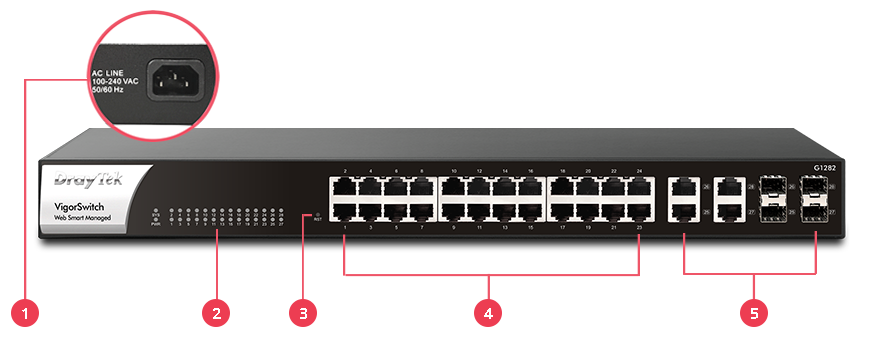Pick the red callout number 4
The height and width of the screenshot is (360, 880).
click(488, 314)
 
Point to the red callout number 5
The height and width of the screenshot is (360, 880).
click(754, 314)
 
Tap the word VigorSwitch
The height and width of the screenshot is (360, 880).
click(81, 206)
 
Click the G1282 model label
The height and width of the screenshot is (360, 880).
click(823, 168)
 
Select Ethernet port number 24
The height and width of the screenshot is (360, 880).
click(638, 187)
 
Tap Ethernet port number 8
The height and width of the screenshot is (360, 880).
click(421, 187)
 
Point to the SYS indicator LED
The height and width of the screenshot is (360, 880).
click(155, 213)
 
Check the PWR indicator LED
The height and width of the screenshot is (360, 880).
click(155, 223)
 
